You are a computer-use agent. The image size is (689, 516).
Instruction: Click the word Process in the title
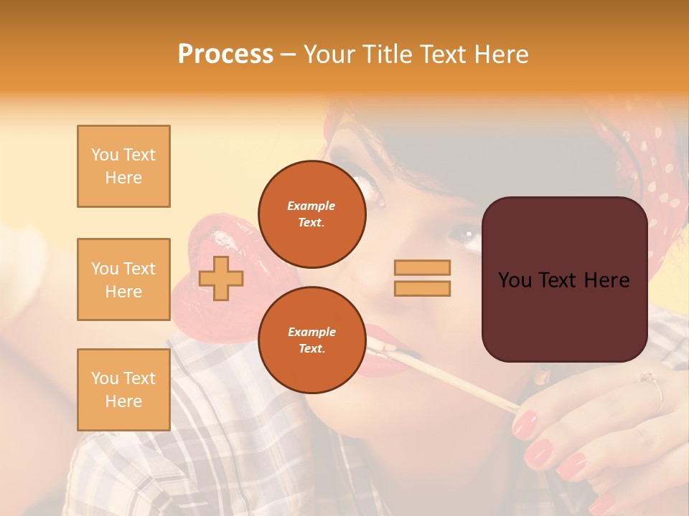225,54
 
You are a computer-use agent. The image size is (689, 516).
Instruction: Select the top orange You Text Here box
123,166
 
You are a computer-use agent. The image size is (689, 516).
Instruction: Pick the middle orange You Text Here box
123,279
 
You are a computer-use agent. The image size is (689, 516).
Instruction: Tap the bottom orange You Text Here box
123,389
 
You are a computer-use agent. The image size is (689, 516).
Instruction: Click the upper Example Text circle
311,214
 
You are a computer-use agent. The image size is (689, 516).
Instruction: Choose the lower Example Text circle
311,340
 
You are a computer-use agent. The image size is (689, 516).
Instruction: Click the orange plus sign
221,278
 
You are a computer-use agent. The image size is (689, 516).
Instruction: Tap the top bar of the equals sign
422,267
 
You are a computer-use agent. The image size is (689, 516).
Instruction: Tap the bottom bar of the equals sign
422,289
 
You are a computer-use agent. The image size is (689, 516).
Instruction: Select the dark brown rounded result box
564,279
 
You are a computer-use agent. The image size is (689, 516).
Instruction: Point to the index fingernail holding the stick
525,424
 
